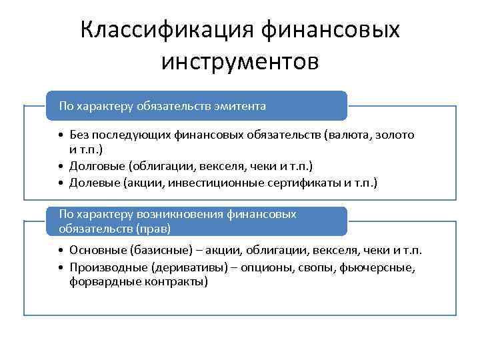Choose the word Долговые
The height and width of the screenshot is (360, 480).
[97, 165]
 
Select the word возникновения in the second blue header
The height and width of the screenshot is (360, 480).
[189, 215]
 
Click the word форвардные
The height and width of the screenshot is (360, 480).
[101, 281]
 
